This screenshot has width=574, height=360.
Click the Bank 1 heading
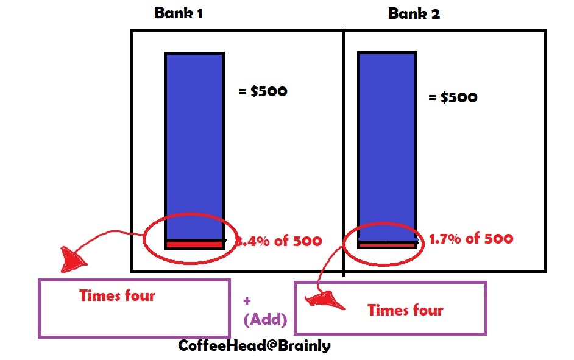click(x=178, y=13)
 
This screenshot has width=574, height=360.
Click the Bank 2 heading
click(x=414, y=13)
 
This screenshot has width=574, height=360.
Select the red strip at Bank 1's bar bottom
click(x=193, y=245)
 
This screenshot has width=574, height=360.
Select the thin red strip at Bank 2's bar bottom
click(x=386, y=245)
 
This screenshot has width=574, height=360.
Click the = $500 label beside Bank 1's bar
click(x=263, y=92)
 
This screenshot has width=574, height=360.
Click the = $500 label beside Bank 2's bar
click(x=453, y=97)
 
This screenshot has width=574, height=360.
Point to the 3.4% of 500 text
click(x=278, y=241)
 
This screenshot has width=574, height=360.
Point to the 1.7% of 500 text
click(x=470, y=239)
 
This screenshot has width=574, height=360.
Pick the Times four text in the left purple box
click(x=117, y=296)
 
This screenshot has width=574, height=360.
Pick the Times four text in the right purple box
click(x=405, y=310)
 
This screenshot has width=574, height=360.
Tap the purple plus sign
click(x=247, y=301)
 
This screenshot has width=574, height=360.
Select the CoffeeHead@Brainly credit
click(x=254, y=345)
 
